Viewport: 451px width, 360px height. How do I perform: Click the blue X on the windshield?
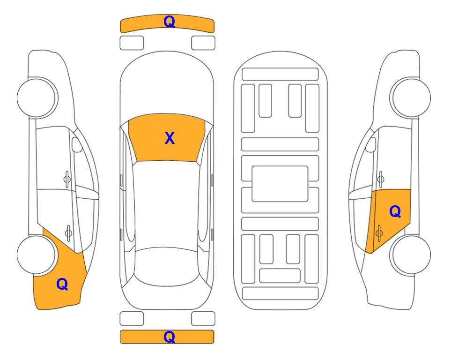click(170, 138)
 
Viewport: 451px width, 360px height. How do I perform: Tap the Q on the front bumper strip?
click(170, 22)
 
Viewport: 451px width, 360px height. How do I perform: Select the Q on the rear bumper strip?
click(170, 337)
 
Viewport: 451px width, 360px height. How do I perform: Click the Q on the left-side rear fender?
click(62, 284)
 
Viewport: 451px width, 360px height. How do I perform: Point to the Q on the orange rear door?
click(395, 212)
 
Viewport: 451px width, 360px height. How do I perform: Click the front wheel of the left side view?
click(37, 97)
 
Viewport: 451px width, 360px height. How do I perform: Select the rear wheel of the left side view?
click(37, 255)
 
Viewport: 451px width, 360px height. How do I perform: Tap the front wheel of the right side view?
click(410, 97)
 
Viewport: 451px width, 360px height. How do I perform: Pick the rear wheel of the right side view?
click(411, 255)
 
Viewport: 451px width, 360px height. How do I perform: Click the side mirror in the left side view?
click(77, 144)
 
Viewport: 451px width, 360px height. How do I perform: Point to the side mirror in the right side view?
click(371, 144)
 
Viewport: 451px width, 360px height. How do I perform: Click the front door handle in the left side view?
click(67, 180)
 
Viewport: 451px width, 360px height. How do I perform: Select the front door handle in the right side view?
click(381, 180)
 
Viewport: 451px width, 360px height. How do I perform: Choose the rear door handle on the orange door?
click(379, 233)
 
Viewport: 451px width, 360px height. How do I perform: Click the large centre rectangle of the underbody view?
click(280, 184)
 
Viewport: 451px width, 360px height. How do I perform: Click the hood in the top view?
click(167, 86)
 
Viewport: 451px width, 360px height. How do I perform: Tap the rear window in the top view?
click(167, 265)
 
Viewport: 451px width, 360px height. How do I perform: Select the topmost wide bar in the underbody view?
click(280, 75)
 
